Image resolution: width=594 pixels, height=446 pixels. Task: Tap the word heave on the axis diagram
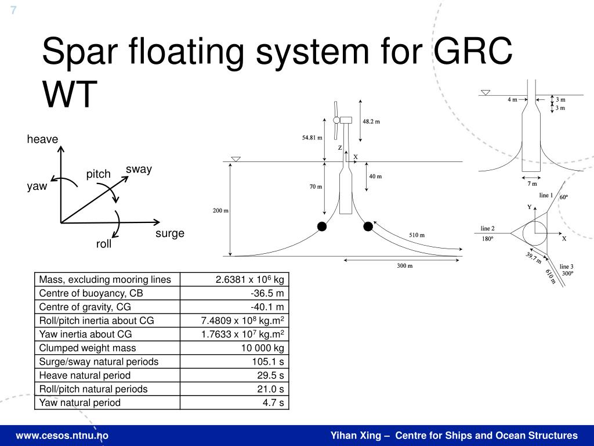pos(42,139)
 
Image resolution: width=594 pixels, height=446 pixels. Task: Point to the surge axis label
pos(169,233)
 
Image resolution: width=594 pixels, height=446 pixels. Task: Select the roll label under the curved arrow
pos(104,244)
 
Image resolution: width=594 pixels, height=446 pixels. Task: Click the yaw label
pos(36,186)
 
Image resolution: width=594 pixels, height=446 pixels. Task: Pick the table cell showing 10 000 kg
pos(262,348)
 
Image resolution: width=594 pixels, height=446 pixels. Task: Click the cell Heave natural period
pos(85,375)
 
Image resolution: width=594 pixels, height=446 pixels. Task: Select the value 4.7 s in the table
pos(273,402)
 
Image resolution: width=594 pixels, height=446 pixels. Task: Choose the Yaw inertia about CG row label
pos(85,334)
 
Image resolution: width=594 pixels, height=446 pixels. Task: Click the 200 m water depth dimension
pos(221,210)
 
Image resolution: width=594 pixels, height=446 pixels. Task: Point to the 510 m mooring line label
pos(416,235)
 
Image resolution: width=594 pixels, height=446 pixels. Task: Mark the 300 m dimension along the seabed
pos(404,266)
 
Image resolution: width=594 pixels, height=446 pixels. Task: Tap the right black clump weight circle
pos(368,226)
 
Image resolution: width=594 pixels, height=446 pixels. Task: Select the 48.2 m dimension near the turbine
pos(371,121)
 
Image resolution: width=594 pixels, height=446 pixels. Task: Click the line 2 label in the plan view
pos(487,228)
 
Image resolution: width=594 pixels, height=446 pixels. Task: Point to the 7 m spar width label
pos(532,184)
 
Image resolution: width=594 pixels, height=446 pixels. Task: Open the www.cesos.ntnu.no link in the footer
pos(62,436)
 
